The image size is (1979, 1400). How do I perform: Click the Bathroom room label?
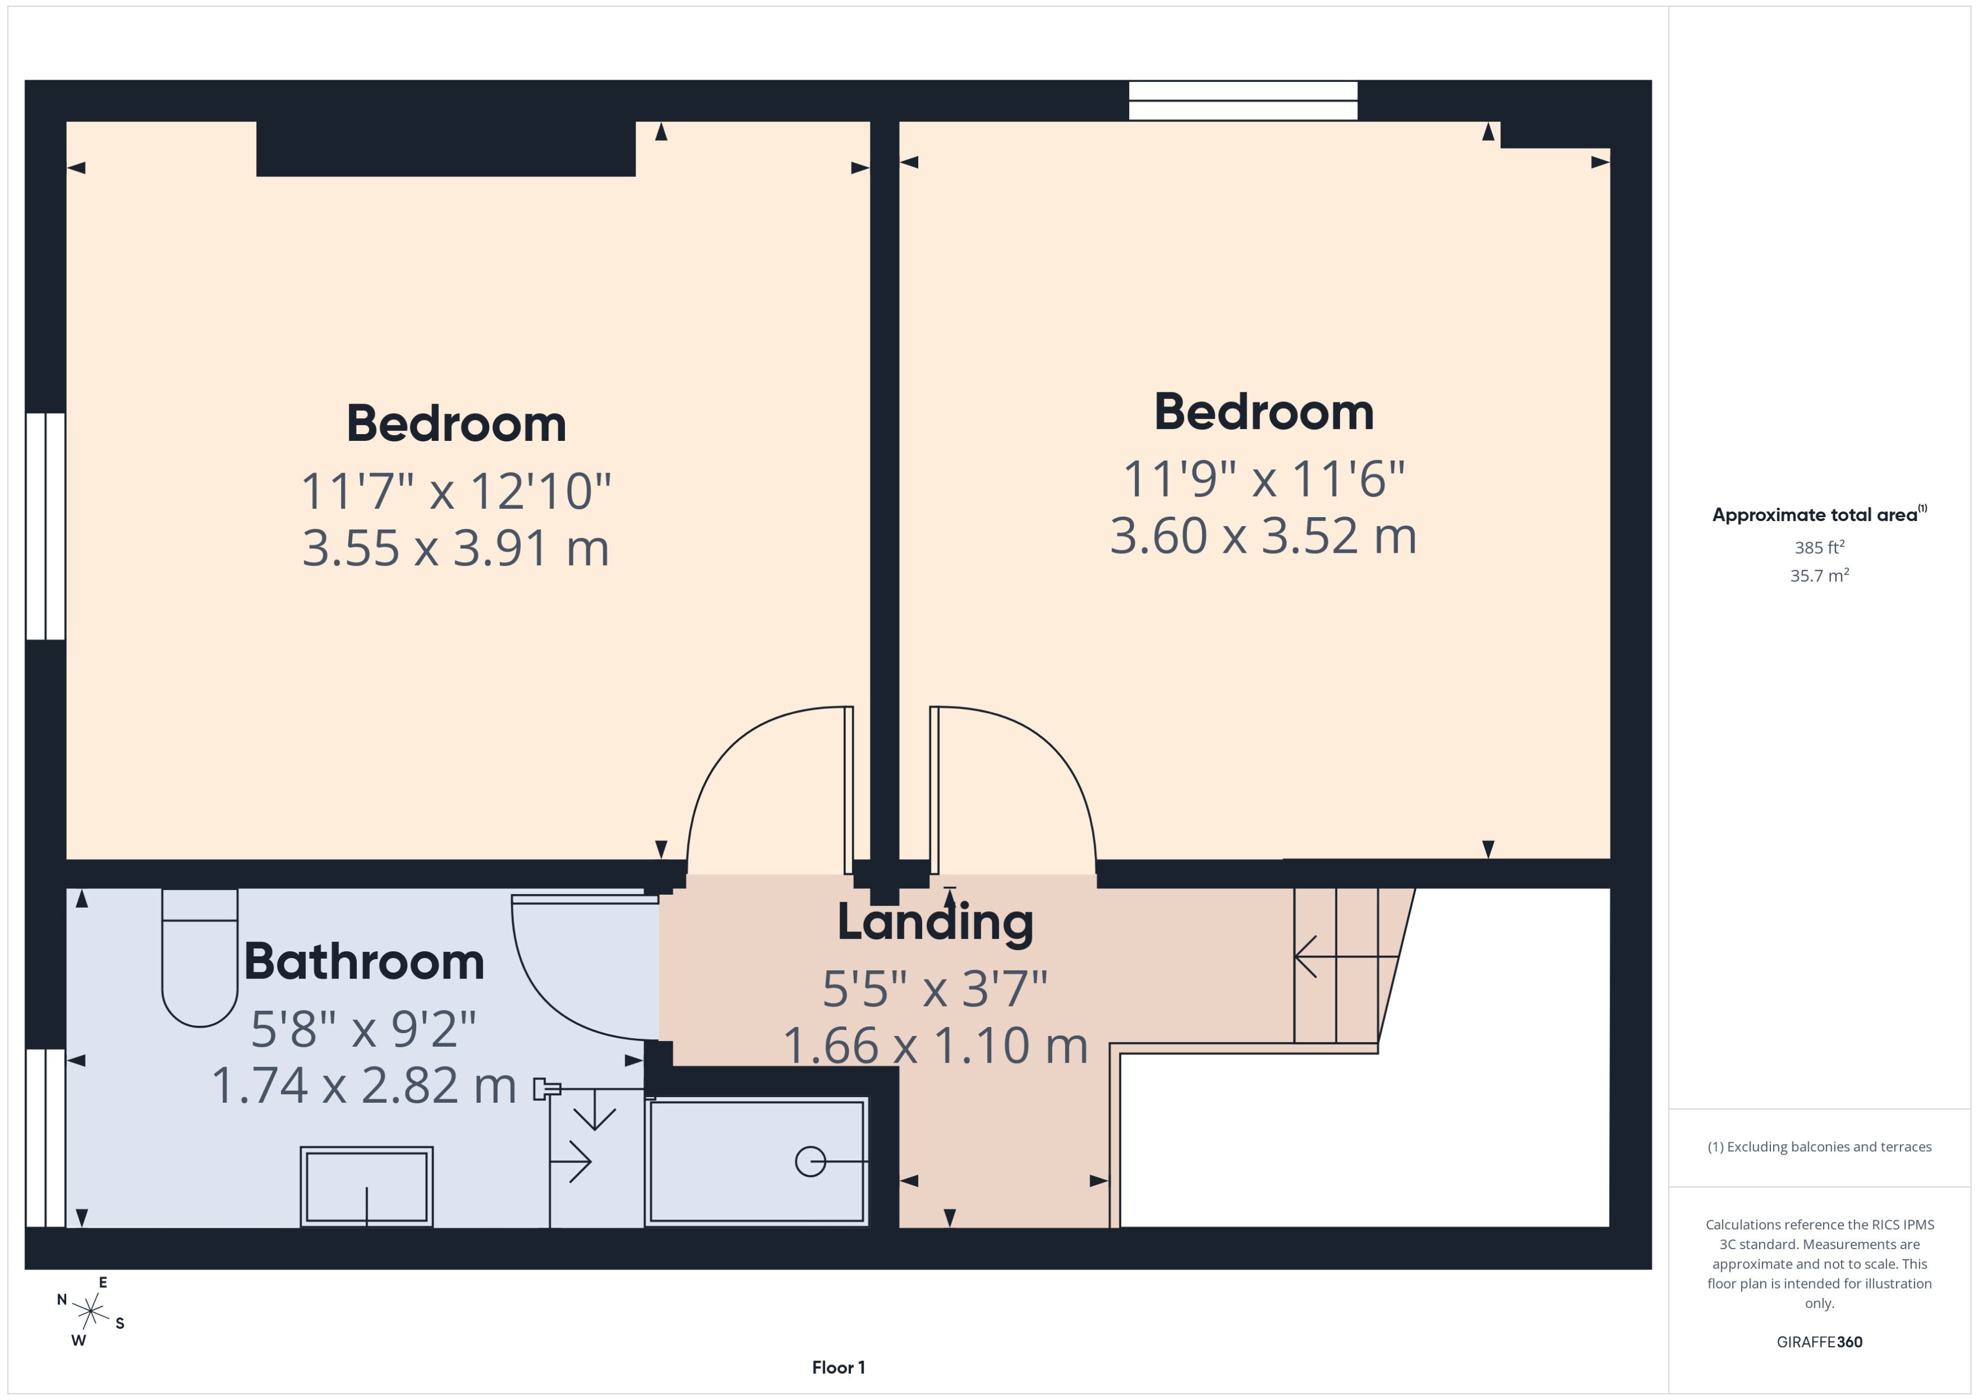(364, 962)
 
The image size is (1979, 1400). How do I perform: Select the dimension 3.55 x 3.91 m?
(455, 548)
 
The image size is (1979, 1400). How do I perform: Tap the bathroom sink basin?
(366, 1186)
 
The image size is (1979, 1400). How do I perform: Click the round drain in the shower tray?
(810, 1161)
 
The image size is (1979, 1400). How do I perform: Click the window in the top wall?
(1243, 101)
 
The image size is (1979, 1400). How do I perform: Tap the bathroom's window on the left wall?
(45, 1137)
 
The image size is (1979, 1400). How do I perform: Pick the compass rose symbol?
(90, 1312)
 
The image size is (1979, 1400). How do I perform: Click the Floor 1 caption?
(837, 1367)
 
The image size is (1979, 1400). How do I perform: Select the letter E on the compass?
(102, 1283)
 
